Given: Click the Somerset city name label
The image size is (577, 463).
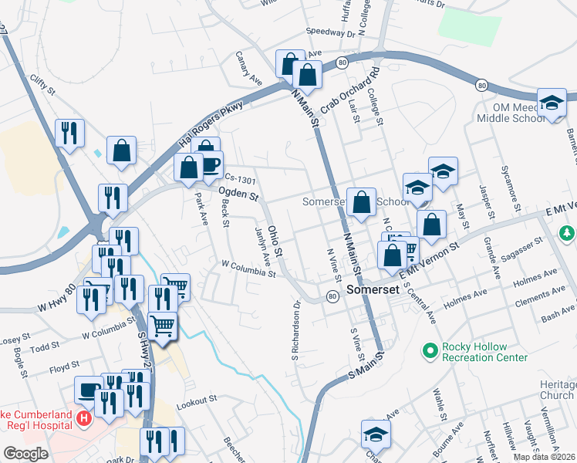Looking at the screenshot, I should (372, 290).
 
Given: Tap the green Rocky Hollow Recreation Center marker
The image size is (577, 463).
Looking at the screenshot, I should (430, 352).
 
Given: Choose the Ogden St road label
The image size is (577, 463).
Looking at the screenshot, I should (237, 195).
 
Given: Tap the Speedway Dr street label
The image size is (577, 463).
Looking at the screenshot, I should (329, 33).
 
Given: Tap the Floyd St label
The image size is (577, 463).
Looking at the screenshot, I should (64, 366).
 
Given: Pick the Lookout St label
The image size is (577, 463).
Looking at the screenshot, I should (197, 402).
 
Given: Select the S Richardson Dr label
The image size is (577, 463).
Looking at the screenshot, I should (295, 330).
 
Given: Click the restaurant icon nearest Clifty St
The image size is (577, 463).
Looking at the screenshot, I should (69, 133).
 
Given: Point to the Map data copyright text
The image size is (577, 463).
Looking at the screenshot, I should (544, 457).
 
